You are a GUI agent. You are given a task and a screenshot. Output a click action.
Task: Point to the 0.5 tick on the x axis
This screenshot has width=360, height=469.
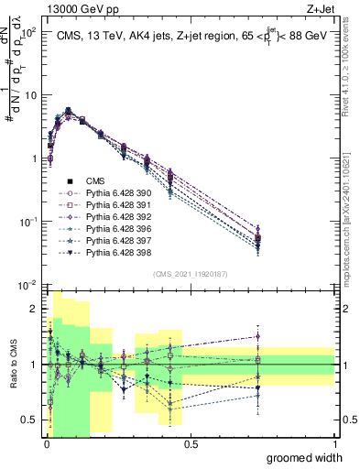click(191, 443)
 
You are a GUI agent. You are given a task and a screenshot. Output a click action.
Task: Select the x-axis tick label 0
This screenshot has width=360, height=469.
click(47, 443)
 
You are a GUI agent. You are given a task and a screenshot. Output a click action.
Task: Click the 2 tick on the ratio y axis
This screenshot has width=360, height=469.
click(37, 309)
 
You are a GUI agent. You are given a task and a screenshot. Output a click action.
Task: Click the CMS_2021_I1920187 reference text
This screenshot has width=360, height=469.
click(191, 274)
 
